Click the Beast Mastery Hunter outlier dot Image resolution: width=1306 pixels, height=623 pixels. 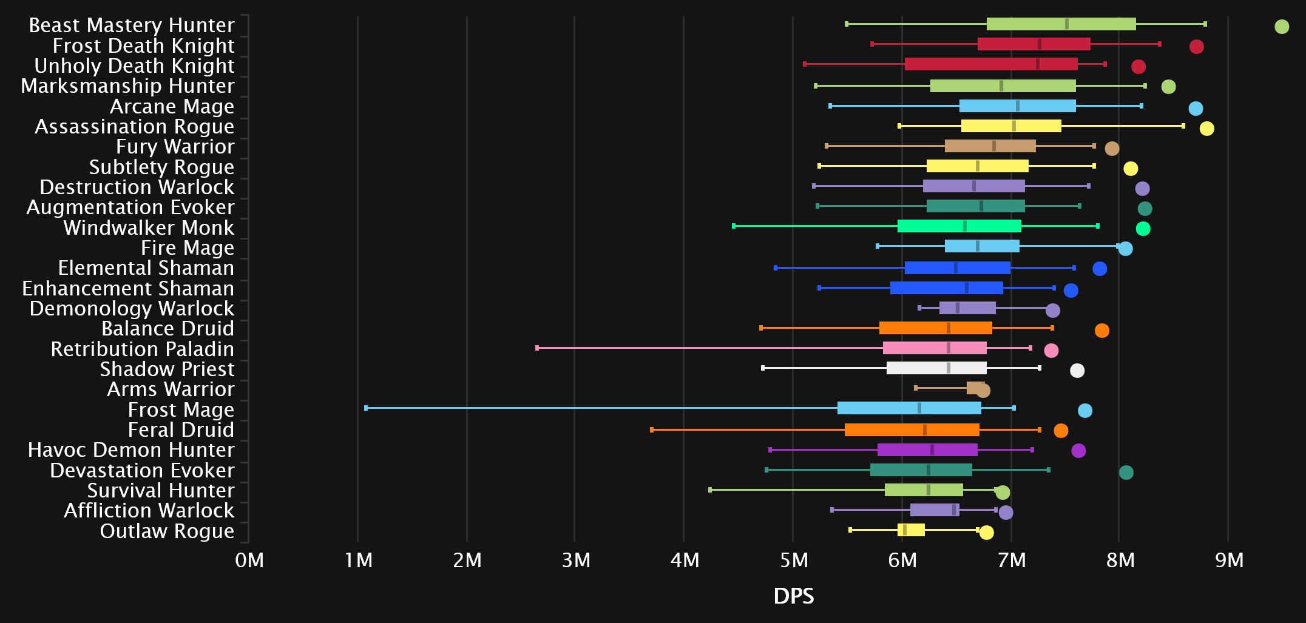click(x=1281, y=27)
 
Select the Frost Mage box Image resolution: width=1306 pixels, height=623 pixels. click(x=909, y=408)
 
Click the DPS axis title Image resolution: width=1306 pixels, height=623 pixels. click(x=793, y=597)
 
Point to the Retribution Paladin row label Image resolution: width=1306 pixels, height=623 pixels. click(x=142, y=349)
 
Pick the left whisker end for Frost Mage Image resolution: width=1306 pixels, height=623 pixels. click(x=366, y=408)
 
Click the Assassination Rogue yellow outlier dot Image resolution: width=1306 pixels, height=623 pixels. click(x=1206, y=129)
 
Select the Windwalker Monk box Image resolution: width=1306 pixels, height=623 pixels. click(x=959, y=226)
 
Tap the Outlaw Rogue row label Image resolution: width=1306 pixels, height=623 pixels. click(x=167, y=531)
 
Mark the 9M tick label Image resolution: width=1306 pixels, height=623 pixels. click(x=1229, y=561)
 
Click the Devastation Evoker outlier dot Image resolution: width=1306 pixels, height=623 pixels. click(x=1126, y=473)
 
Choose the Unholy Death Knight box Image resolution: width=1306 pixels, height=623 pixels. click(x=991, y=64)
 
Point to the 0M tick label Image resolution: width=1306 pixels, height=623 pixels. click(x=249, y=561)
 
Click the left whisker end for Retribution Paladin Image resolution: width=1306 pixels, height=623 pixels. click(x=537, y=348)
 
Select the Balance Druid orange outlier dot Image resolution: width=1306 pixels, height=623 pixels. click(x=1101, y=331)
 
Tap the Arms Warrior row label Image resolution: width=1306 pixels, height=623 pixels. click(x=171, y=389)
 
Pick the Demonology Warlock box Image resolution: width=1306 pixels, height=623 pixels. click(x=967, y=308)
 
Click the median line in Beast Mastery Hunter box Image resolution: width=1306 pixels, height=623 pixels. click(x=1066, y=24)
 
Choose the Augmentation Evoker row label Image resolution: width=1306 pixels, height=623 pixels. click(x=130, y=207)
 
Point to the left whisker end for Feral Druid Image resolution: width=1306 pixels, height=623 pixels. click(x=652, y=430)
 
